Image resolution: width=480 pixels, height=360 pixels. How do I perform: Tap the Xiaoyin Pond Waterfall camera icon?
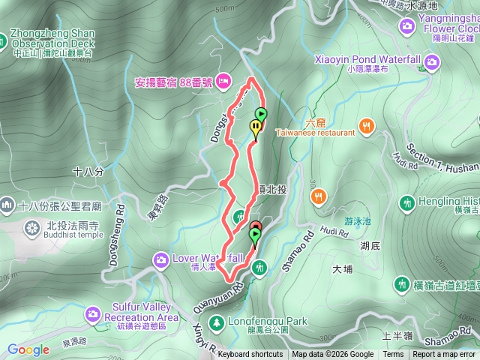tap(432, 61)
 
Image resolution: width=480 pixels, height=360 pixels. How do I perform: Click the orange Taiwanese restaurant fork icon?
tap(367, 126)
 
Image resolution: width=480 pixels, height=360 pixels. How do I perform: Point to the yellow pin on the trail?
tap(256, 127)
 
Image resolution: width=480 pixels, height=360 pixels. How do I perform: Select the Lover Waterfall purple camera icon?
tap(161, 260)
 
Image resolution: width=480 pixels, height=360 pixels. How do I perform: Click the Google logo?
tap(28, 349)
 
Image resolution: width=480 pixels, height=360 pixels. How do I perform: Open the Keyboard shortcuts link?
tap(250, 355)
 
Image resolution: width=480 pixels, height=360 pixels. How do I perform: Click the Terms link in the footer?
tap(393, 355)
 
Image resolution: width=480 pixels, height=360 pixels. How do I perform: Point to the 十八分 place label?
tap(88, 172)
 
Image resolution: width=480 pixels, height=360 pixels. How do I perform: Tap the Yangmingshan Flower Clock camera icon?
tap(408, 26)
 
